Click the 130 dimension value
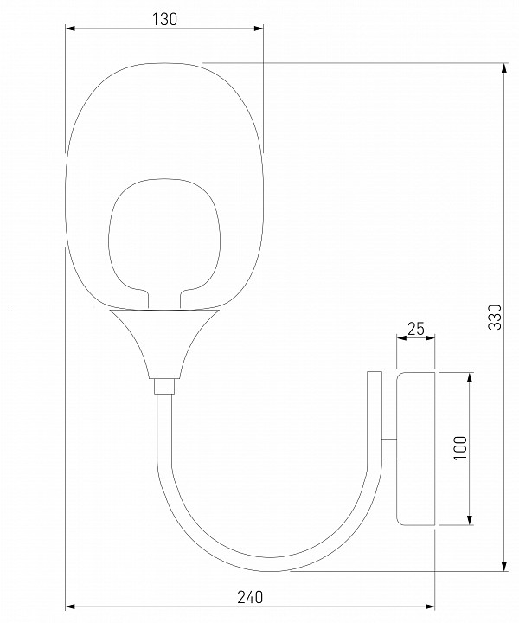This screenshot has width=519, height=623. tap(164, 19)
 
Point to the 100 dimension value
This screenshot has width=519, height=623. tap(461, 448)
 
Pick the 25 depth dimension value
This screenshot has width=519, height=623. tap(416, 329)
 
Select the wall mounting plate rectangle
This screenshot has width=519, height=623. tap(417, 448)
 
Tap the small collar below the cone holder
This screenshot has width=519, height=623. tap(163, 386)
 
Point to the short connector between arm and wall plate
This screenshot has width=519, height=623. tap(389, 448)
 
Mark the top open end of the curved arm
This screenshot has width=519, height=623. tap(374, 375)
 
